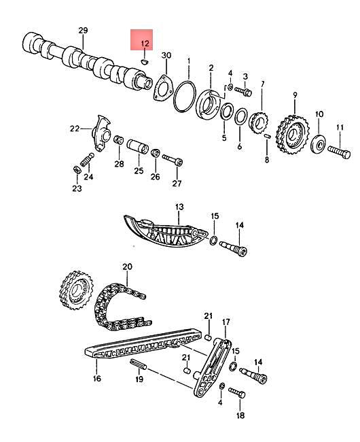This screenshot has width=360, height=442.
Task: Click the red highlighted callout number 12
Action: point(143,44)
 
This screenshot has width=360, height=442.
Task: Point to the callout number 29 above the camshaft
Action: point(83,31)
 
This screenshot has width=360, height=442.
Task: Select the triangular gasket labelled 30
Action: point(162,90)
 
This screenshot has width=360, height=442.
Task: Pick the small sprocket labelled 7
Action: point(257,122)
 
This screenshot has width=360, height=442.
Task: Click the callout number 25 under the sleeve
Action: point(139,171)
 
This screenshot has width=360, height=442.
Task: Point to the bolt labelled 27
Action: point(173,160)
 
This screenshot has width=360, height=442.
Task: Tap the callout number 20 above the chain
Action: point(126,267)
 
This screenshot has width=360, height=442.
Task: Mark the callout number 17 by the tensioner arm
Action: point(227,322)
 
